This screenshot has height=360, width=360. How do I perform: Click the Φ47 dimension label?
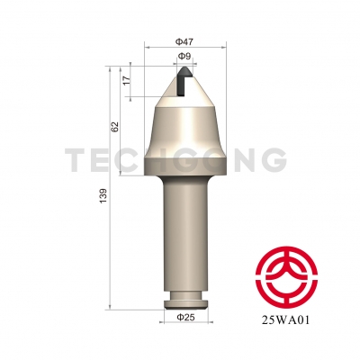[184, 41]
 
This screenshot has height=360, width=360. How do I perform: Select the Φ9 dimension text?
[184, 56]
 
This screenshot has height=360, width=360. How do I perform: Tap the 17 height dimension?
[127, 80]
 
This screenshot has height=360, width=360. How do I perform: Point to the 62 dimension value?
[116, 126]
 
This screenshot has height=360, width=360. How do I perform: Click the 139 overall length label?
[103, 196]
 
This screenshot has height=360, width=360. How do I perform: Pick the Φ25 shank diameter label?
[185, 317]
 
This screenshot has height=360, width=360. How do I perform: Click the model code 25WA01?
[285, 320]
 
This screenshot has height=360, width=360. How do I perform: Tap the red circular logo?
[286, 276]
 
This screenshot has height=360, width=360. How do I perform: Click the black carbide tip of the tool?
[183, 80]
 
